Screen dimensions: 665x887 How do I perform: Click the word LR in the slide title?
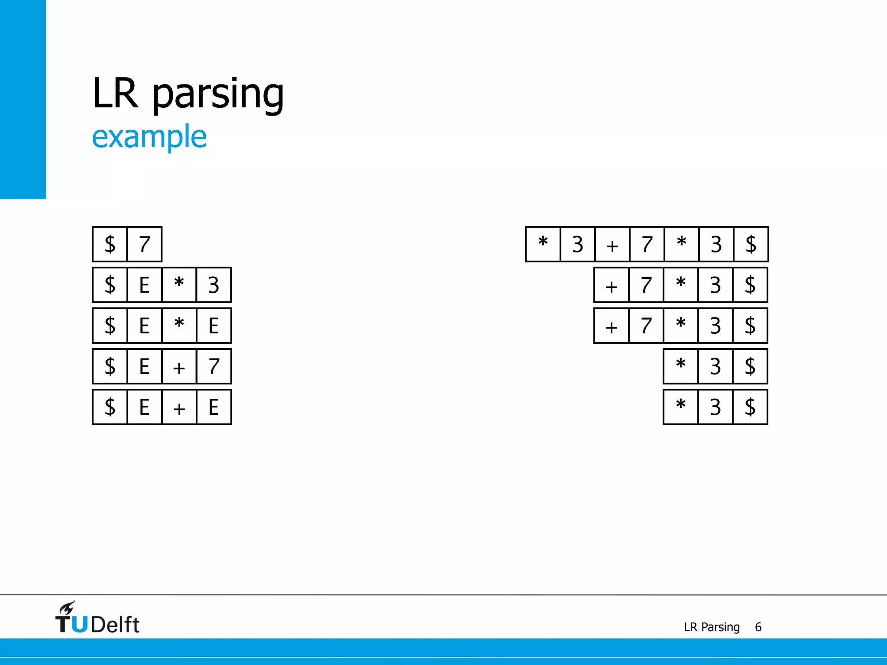click(115, 93)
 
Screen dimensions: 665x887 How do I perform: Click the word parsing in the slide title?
click(218, 94)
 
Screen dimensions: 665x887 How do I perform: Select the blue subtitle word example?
click(149, 137)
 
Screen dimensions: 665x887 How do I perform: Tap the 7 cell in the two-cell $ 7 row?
click(144, 244)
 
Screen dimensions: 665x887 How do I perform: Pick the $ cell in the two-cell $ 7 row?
click(110, 244)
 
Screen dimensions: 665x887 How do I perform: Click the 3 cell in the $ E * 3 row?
click(214, 285)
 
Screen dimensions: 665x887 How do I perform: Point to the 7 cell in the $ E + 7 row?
click(214, 366)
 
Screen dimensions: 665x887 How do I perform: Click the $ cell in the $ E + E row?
click(110, 407)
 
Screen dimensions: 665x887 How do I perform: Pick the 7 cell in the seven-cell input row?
click(647, 244)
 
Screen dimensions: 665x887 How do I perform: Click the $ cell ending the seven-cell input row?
click(751, 244)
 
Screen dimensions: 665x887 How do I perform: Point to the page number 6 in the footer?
click(758, 627)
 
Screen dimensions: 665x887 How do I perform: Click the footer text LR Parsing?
click(712, 627)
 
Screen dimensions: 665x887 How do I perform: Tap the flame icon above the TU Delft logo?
click(67, 608)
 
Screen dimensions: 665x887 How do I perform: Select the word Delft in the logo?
click(115, 625)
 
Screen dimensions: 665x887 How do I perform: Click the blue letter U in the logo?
click(79, 624)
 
